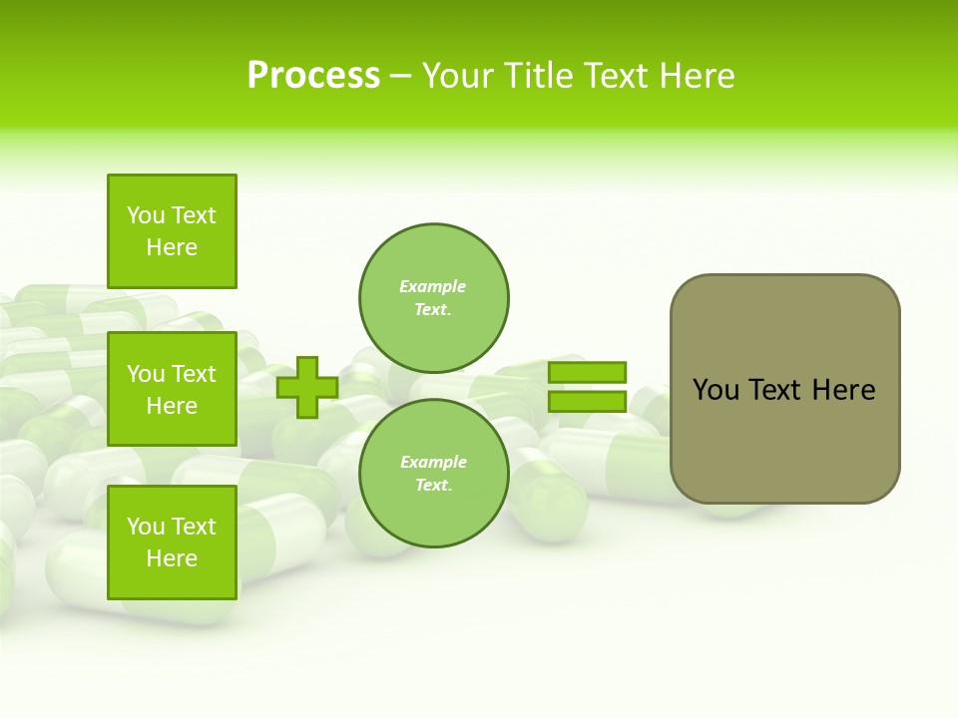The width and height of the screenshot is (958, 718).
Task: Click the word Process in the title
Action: click(313, 76)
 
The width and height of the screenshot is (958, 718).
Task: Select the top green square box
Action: click(172, 231)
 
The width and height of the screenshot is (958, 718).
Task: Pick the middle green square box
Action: click(172, 389)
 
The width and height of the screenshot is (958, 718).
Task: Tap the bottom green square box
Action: click(172, 542)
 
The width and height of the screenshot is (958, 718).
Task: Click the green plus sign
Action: click(307, 387)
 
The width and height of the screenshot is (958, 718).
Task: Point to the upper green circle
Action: click(434, 297)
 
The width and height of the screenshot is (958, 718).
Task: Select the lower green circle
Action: click(434, 473)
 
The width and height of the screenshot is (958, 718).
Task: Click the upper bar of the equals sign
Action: click(587, 372)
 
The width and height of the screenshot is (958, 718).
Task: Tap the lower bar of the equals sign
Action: click(587, 401)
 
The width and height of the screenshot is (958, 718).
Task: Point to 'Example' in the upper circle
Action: click(432, 286)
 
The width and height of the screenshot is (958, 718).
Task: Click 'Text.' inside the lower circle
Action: click(433, 486)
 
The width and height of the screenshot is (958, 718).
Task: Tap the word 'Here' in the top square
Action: click(172, 247)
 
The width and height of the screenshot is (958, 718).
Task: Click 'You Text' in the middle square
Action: click(172, 374)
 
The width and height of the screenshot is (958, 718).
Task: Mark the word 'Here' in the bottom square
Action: click(172, 558)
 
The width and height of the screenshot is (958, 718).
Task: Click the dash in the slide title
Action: click(400, 77)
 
